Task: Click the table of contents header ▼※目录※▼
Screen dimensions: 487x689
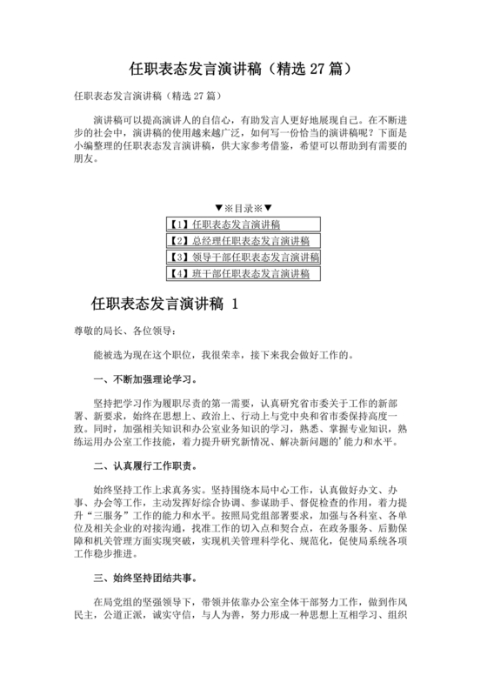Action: point(243,208)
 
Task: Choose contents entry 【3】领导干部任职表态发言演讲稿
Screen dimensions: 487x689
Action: point(243,258)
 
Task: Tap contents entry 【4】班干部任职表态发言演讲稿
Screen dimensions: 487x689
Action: point(239,274)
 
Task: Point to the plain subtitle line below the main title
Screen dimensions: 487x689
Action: point(144,94)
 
